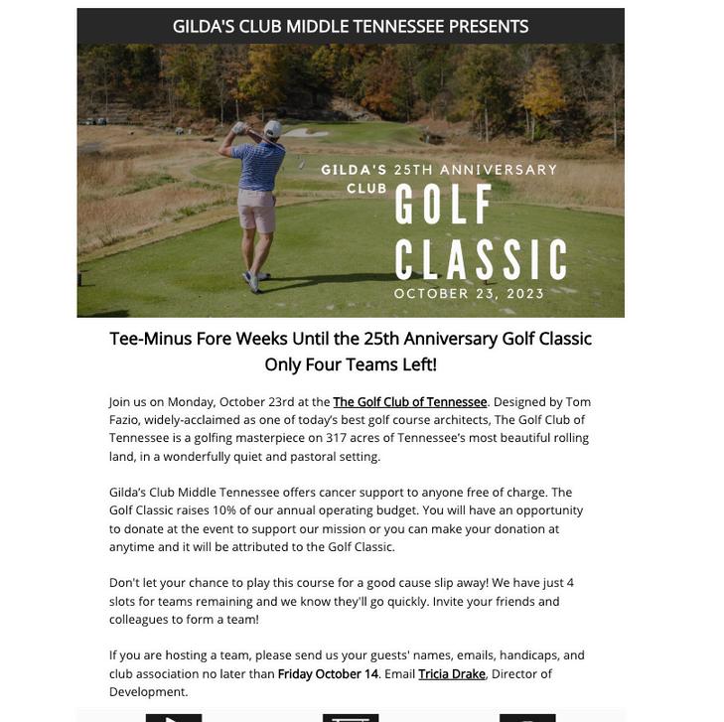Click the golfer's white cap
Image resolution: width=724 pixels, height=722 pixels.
click(273, 128)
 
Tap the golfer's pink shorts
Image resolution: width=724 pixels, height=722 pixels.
click(256, 210)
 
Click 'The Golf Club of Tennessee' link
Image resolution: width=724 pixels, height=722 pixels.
click(410, 402)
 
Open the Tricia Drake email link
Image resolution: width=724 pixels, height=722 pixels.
click(452, 674)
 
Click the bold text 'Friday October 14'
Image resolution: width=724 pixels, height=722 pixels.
click(328, 674)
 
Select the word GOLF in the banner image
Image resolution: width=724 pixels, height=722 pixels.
click(444, 206)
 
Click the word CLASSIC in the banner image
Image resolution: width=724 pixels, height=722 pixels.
click(481, 260)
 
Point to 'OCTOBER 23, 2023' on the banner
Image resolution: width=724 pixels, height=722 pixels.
click(469, 294)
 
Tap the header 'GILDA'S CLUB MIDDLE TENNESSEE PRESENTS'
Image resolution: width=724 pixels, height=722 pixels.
click(351, 26)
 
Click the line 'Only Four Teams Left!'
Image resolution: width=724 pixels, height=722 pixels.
click(351, 364)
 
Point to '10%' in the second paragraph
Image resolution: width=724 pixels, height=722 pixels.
click(223, 510)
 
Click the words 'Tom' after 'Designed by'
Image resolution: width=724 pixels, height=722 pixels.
click(578, 402)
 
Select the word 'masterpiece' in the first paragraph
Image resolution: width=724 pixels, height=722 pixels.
click(269, 438)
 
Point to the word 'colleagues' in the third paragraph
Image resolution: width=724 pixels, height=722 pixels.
click(138, 620)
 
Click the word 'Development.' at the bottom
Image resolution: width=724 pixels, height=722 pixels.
click(149, 692)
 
